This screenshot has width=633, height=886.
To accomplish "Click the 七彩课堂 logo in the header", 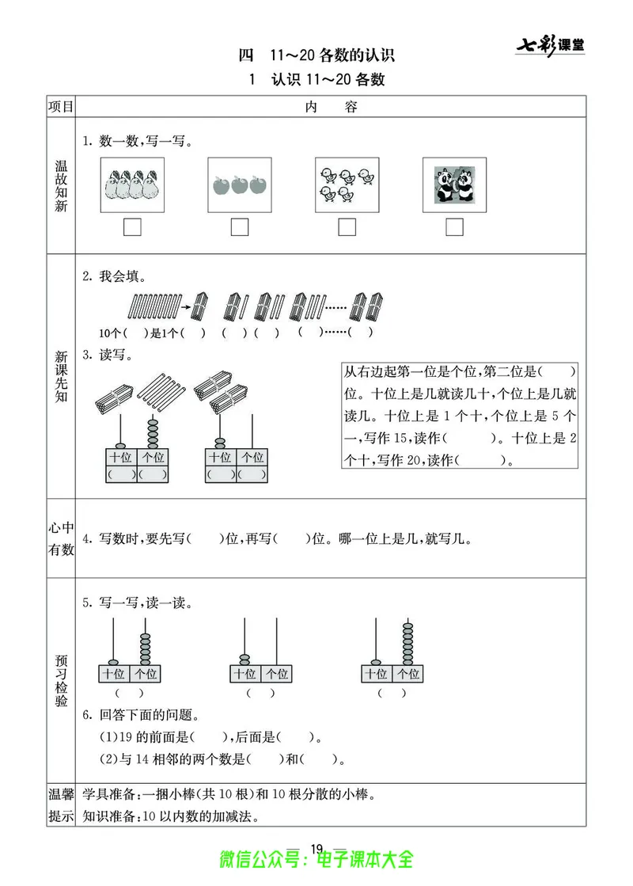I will pyautogui.click(x=551, y=45).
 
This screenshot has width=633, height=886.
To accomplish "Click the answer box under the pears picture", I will pyautogui.click(x=133, y=227).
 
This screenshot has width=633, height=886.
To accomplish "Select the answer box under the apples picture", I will pyautogui.click(x=239, y=227).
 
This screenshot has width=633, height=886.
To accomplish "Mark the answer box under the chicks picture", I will pyautogui.click(x=347, y=227).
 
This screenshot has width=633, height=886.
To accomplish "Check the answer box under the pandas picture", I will pyautogui.click(x=454, y=227).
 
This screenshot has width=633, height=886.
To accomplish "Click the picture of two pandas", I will pyautogui.click(x=454, y=184).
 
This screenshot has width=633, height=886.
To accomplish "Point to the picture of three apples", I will pyautogui.click(x=239, y=185).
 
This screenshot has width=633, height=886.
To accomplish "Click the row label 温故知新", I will pyautogui.click(x=61, y=184).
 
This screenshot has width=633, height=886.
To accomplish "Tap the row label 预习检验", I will pyautogui.click(x=61, y=680).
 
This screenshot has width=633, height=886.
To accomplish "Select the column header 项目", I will pyautogui.click(x=61, y=107).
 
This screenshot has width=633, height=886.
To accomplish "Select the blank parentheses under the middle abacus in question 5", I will pyautogui.click(x=260, y=694).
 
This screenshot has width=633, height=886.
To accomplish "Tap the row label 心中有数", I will pyautogui.click(x=61, y=538).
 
